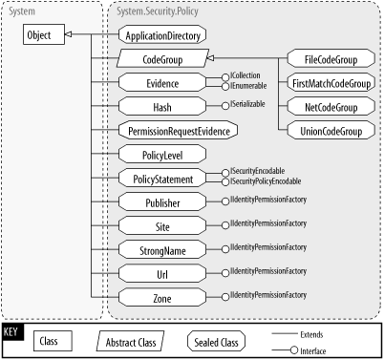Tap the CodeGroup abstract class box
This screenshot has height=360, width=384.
[x=162, y=59]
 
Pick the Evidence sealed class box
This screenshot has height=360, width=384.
[x=162, y=83]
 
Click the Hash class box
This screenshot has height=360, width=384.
[x=162, y=106]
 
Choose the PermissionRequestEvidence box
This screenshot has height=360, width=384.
[x=178, y=130]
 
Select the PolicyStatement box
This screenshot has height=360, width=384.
[x=162, y=179]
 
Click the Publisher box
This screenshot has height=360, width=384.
[x=162, y=202]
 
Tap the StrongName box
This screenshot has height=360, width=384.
[x=162, y=250]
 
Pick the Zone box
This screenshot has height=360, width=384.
[x=162, y=298]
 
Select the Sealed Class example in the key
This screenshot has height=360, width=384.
[x=213, y=340]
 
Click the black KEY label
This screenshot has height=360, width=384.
[x=11, y=331]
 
